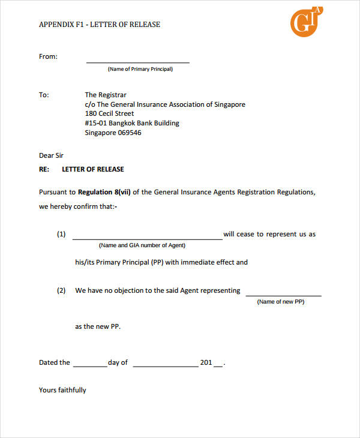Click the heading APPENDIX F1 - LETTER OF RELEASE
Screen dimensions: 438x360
tap(100, 25)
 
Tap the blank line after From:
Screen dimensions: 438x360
tap(138, 61)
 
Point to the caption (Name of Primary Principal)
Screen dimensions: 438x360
tap(140, 69)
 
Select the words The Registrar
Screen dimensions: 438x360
tap(106, 95)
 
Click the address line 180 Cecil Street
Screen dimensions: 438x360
tap(109, 113)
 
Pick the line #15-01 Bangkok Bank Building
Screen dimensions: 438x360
tap(132, 123)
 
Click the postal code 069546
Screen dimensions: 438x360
tap(128, 133)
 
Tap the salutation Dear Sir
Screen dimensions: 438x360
tap(51, 155)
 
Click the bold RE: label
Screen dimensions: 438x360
tap(44, 169)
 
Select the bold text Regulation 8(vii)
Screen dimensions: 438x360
tap(104, 192)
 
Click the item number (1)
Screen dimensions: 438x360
tap(61, 235)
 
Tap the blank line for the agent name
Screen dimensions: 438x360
tap(147, 238)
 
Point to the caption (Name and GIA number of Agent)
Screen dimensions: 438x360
tap(142, 245)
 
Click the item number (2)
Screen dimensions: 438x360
tap(61, 290)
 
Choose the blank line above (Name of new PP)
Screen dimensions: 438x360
tap(283, 295)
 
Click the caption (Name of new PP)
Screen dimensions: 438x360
tap(281, 302)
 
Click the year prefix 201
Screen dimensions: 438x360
tap(206, 362)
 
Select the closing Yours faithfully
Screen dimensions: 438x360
tap(62, 390)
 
